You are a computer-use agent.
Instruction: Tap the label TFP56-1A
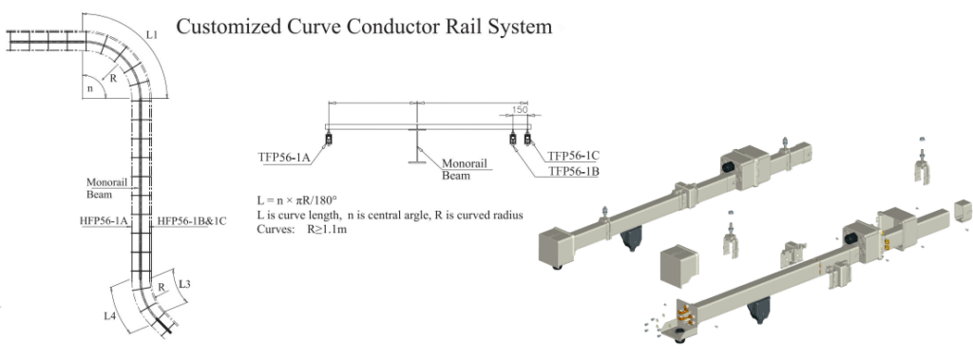point(284,158)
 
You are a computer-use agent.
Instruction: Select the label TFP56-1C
point(573,155)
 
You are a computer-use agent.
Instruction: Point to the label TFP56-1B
point(573,171)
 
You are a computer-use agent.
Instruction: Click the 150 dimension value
point(520,110)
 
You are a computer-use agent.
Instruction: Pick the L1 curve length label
point(152,35)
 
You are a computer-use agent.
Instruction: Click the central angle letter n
point(90,88)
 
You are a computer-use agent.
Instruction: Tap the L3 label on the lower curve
point(184,284)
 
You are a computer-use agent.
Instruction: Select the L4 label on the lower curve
point(110,316)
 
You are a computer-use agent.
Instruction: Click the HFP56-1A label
point(104,220)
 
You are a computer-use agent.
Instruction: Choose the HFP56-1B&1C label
point(192,220)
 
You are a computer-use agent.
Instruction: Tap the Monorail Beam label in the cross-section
point(460,169)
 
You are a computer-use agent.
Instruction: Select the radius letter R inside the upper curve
point(113,79)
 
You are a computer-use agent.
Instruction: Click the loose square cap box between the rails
point(680,260)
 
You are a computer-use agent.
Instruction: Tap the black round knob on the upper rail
point(728,166)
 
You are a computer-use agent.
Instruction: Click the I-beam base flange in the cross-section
point(416,162)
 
